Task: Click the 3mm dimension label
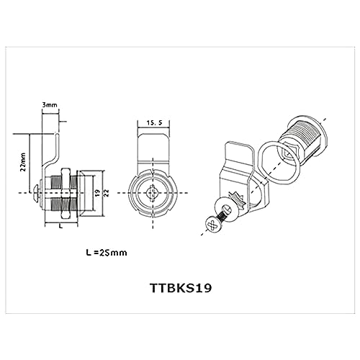(50, 105)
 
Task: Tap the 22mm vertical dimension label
(23, 161)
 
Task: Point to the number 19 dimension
(96, 193)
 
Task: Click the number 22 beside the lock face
(107, 193)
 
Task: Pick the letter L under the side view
(60, 225)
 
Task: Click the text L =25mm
(107, 253)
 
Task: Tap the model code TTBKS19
(181, 288)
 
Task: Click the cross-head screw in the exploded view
(215, 224)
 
